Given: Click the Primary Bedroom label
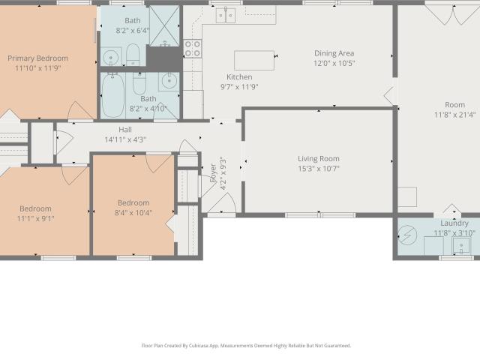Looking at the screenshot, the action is (x=38, y=58).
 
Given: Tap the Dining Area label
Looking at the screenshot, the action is (x=334, y=53).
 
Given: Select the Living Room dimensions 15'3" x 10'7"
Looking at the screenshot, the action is (x=319, y=169).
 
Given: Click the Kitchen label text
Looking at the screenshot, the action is (x=239, y=76).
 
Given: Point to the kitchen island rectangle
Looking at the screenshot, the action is (x=254, y=60).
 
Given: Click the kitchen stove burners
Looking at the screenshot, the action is (x=193, y=49).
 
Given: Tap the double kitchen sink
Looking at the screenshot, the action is (x=226, y=15).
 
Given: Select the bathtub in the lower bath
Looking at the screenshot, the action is (x=113, y=95).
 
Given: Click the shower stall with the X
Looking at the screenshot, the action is (x=164, y=26).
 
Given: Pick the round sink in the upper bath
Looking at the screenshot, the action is (x=110, y=57).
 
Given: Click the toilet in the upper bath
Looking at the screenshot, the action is (x=133, y=55).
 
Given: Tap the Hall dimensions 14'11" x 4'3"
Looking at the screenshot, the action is (x=125, y=140).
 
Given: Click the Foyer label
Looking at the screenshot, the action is (x=213, y=173).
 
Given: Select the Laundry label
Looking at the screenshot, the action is (x=454, y=223).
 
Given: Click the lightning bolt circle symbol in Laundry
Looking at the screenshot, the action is (x=407, y=235).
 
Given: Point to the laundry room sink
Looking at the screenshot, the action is (x=461, y=245).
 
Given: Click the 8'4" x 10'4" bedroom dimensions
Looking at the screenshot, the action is (x=133, y=213).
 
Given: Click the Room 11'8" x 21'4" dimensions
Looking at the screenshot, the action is (x=455, y=115).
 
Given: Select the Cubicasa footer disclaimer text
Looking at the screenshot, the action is (x=246, y=346).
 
